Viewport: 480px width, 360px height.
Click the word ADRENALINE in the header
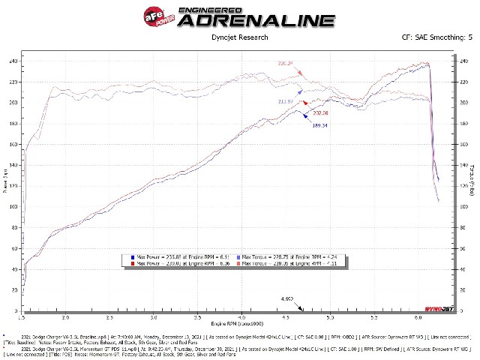click(x=256, y=19)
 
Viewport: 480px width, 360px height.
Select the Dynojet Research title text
click(x=239, y=34)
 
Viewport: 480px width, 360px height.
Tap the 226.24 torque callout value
click(x=286, y=64)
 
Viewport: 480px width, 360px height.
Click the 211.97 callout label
click(x=286, y=101)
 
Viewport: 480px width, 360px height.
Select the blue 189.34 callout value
click(x=322, y=125)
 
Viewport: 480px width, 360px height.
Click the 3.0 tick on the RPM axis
click(x=152, y=317)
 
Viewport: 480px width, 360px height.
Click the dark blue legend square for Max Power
click(x=132, y=257)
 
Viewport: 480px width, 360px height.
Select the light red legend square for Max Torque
click(x=239, y=264)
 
